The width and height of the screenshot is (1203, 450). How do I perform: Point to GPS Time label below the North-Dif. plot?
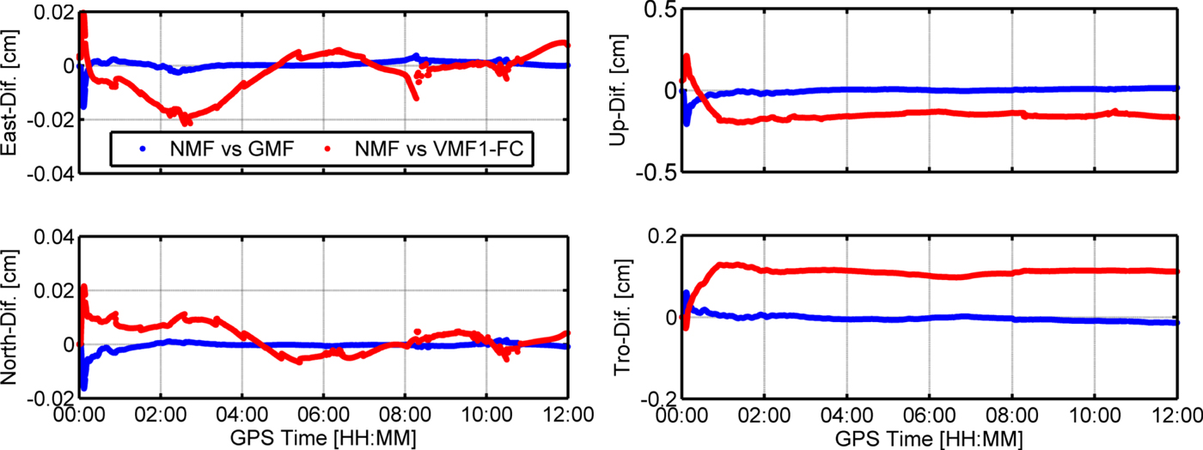323,438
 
